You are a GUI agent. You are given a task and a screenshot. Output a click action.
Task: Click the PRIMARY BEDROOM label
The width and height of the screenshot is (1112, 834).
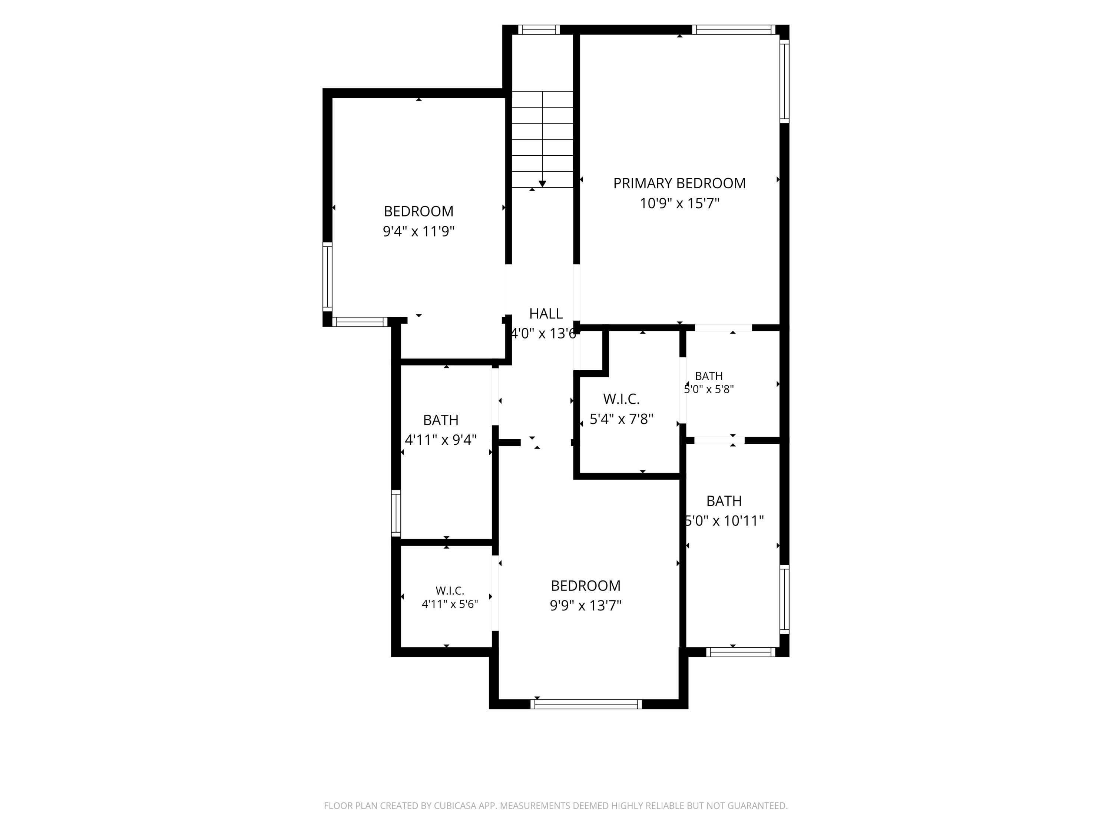click(x=679, y=183)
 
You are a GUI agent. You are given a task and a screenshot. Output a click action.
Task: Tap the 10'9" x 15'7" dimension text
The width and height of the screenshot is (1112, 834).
click(x=679, y=203)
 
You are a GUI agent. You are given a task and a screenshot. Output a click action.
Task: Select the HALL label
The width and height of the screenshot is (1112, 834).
click(x=546, y=314)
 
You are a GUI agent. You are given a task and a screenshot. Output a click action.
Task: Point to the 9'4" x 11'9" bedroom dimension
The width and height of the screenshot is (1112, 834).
click(x=419, y=231)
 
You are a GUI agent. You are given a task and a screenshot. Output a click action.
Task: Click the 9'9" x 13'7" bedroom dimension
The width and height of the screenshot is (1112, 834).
click(x=586, y=605)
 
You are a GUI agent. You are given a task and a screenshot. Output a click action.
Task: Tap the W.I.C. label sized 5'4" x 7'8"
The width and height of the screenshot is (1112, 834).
click(x=621, y=399)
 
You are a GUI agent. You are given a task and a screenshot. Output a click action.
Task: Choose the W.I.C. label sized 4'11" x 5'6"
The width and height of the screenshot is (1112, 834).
click(x=449, y=591)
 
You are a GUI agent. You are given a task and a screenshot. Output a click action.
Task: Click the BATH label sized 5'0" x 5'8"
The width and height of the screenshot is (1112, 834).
click(x=709, y=376)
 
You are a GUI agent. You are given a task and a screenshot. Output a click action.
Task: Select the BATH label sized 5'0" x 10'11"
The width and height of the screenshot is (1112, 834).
click(x=724, y=501)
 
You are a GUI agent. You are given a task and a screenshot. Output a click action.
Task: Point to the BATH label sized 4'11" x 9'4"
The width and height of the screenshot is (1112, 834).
click(x=440, y=420)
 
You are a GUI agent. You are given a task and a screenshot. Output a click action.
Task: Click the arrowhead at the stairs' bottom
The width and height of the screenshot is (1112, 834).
click(x=542, y=184)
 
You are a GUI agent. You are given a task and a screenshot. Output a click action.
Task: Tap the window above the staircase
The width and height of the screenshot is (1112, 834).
click(x=539, y=30)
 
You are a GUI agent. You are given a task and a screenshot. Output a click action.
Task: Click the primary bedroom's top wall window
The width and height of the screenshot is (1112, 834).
click(x=734, y=30)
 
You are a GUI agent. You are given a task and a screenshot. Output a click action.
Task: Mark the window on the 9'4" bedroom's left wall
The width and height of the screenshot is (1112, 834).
click(x=327, y=277)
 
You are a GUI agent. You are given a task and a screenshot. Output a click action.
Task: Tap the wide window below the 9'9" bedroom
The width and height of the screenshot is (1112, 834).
click(x=586, y=704)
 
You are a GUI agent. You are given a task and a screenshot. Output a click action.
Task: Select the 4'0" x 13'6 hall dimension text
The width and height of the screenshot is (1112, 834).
click(x=543, y=334)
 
